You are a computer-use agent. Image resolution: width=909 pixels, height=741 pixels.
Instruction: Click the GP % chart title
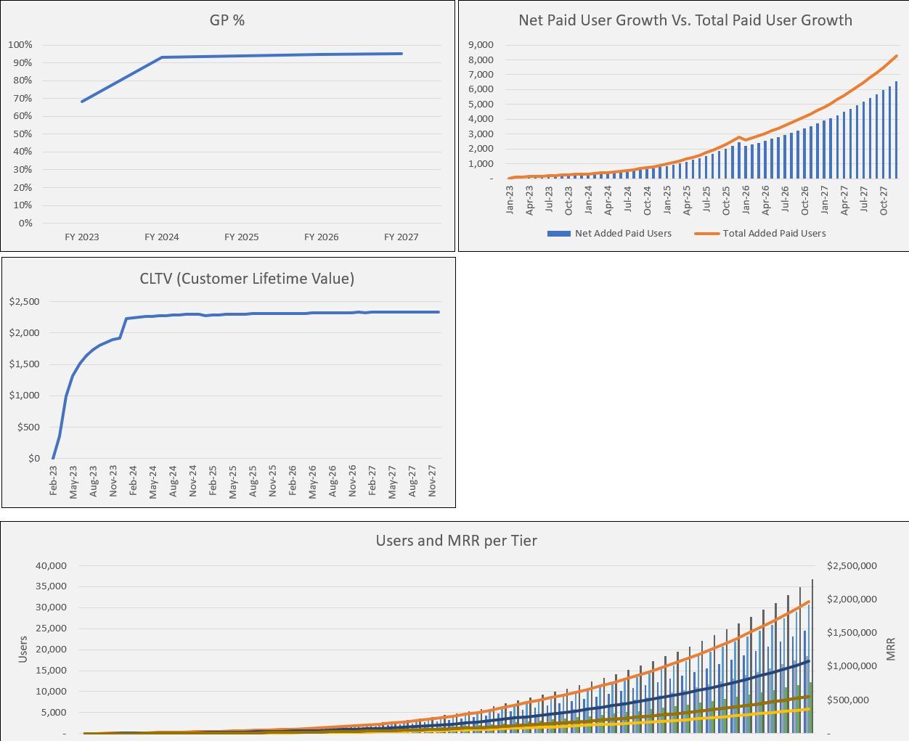pyautogui.click(x=227, y=20)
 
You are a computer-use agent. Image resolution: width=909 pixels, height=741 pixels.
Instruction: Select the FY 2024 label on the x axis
pyautogui.click(x=161, y=237)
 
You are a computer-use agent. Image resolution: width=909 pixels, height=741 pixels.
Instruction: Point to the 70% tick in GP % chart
pyautogui.click(x=22, y=98)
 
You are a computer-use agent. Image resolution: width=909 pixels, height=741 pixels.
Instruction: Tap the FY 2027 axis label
pyautogui.click(x=401, y=237)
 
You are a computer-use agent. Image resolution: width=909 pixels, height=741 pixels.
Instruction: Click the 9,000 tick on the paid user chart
pyautogui.click(x=480, y=45)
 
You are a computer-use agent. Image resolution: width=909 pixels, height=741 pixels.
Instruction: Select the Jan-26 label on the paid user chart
pyautogui.click(x=746, y=200)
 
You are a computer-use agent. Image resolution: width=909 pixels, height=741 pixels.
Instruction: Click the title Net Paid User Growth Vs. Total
pyautogui.click(x=685, y=20)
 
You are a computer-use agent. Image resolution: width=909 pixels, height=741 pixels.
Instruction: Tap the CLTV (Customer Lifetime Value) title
pyautogui.click(x=247, y=279)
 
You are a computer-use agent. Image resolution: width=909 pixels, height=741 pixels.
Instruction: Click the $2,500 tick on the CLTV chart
pyautogui.click(x=25, y=302)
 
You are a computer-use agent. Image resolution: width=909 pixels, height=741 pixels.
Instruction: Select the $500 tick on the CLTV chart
pyautogui.click(x=28, y=427)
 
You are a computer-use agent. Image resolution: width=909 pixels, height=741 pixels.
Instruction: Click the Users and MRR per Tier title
pyautogui.click(x=456, y=541)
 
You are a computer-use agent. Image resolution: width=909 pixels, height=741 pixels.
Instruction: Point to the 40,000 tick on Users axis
pyautogui.click(x=51, y=566)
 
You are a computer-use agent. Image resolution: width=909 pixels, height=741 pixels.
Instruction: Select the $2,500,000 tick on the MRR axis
pyautogui.click(x=852, y=566)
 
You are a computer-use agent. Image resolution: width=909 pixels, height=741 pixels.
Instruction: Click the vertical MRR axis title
pyautogui.click(x=891, y=650)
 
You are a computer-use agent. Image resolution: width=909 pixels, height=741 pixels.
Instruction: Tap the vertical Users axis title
pyautogui.click(x=23, y=650)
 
